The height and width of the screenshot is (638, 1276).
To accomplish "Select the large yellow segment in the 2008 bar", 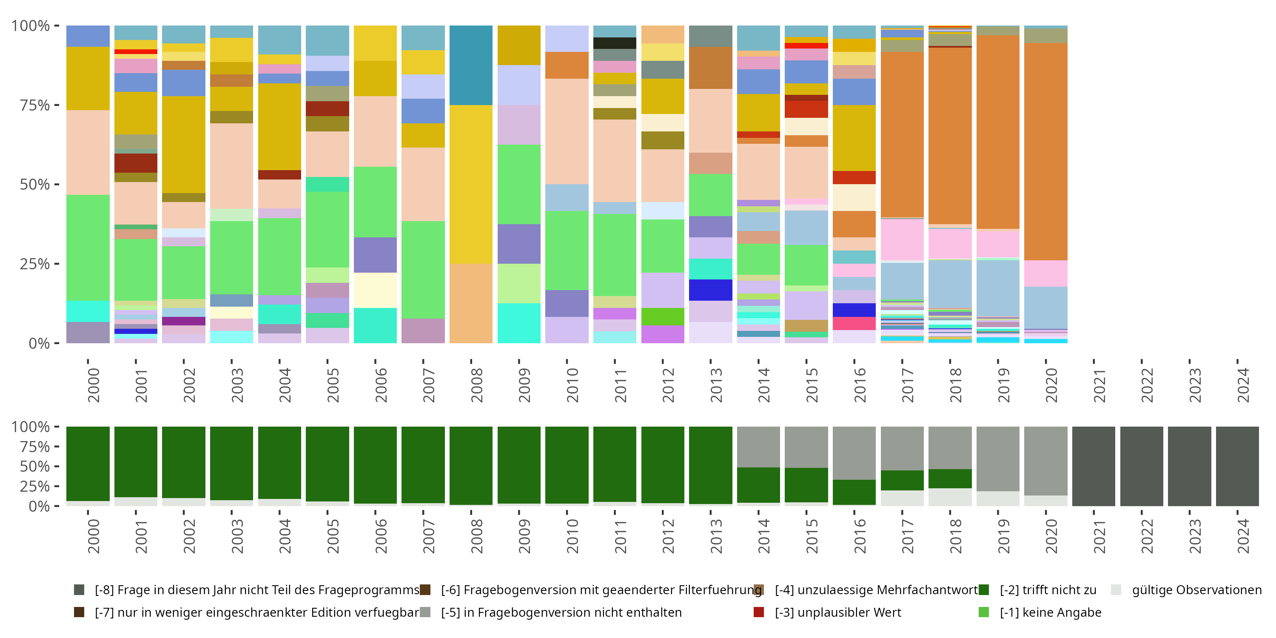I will pyautogui.click(x=470, y=184).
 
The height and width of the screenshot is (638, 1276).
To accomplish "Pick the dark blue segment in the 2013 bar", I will pyautogui.click(x=710, y=290).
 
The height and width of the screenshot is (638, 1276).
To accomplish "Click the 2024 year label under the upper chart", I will pyautogui.click(x=1242, y=385).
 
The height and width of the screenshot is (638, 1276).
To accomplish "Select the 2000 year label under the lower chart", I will pyautogui.click(x=94, y=536).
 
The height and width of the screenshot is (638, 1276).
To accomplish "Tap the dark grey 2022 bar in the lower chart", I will pyautogui.click(x=1141, y=466).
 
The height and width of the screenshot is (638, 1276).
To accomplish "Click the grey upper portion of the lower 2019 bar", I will pyautogui.click(x=997, y=459).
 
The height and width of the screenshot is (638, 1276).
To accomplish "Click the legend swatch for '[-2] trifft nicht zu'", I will pyautogui.click(x=984, y=590).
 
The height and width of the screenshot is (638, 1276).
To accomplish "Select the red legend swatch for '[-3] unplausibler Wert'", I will pyautogui.click(x=759, y=612).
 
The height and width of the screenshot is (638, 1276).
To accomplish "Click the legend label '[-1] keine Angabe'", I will pyautogui.click(x=1050, y=612).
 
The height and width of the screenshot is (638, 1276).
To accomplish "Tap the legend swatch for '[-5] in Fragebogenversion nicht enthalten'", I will pyautogui.click(x=425, y=612).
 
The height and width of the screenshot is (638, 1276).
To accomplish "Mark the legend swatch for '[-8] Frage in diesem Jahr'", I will pyautogui.click(x=79, y=590).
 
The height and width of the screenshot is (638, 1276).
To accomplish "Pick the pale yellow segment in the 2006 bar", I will pyautogui.click(x=375, y=290).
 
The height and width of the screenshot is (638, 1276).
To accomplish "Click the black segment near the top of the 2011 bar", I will pyautogui.click(x=615, y=43).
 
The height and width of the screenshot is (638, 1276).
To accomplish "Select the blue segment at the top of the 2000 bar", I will pyautogui.click(x=88, y=36).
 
